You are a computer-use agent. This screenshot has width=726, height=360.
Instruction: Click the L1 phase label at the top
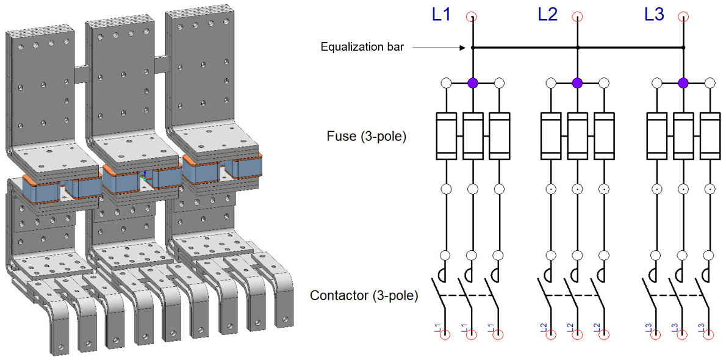tap(441, 15)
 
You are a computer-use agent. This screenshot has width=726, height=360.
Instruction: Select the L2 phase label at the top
tap(547, 15)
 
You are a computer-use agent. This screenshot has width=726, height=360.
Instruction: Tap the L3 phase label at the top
tap(654, 15)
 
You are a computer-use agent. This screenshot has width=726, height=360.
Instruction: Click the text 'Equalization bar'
tap(362, 48)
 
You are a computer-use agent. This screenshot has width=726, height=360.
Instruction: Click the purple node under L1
tap(472, 83)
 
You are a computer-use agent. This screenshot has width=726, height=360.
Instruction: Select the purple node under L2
tap(577, 83)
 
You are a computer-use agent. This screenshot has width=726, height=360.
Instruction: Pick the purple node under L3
tap(683, 83)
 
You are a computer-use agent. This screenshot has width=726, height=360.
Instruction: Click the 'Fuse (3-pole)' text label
tap(367, 136)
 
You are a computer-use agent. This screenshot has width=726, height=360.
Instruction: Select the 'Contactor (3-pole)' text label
tap(364, 297)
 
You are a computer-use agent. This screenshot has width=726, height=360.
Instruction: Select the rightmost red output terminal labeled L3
tap(710, 334)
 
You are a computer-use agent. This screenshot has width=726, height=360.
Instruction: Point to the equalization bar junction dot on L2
tap(577, 48)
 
